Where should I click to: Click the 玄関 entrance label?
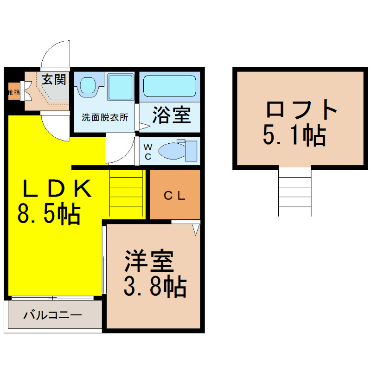coord(55,79)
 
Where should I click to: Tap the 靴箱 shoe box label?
coord(13,92)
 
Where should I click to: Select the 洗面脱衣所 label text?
coord(104,117)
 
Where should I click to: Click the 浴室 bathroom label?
coord(172,116)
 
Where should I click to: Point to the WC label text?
coord(147,151)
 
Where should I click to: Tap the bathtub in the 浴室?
coord(169,86)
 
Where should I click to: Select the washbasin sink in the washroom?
coord(87,86)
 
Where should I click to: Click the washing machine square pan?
coord(121,86)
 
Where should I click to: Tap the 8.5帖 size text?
coord(49,215)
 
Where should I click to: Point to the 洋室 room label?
coord(148,262)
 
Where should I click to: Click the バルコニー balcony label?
coord(53,315)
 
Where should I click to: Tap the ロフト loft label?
coord(301,110)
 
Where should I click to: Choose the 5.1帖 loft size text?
coord(294,136)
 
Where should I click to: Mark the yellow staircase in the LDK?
coord(126,192)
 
